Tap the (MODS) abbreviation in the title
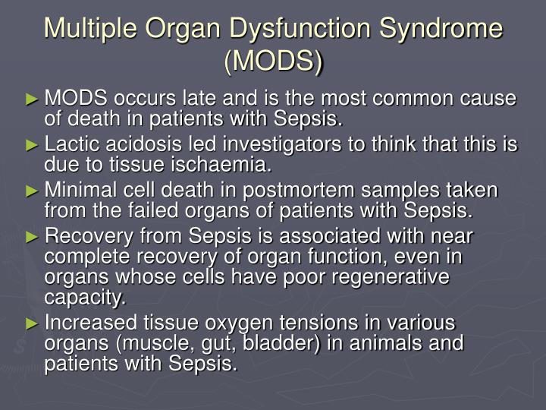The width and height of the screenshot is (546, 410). pyautogui.click(x=273, y=61)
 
